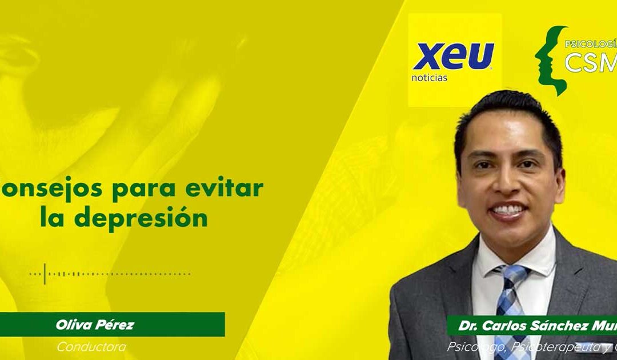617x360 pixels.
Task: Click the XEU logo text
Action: [453, 57]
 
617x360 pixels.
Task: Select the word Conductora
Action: [91, 347]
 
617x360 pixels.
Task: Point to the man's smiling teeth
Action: [507, 210]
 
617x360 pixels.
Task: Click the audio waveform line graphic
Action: [114, 274]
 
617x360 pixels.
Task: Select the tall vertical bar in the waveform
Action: [45, 274]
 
